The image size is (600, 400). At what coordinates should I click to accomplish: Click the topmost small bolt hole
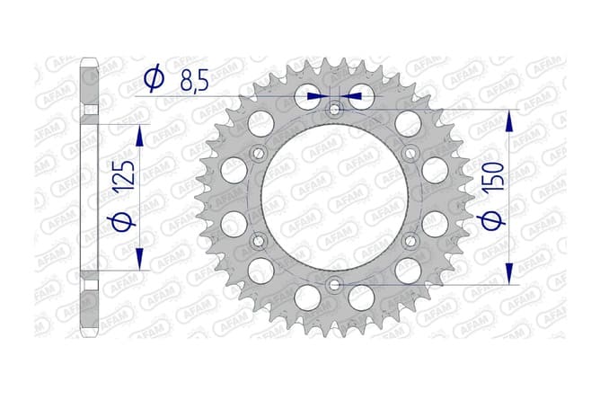tap(334, 110)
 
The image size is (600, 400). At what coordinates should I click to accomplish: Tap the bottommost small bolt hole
tap(334, 284)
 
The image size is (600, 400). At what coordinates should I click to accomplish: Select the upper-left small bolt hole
tap(259, 153)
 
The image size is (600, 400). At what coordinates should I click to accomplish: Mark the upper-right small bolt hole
tap(410, 153)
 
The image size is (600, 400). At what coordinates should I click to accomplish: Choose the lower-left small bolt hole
tap(259, 240)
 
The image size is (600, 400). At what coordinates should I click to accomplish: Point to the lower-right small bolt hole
tap(410, 240)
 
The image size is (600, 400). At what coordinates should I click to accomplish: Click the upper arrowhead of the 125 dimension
tap(140, 134)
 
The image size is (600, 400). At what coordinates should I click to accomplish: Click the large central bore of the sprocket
tap(334, 198)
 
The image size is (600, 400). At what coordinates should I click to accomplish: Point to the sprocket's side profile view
tap(88, 198)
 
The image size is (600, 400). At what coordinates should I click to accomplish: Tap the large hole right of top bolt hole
tap(360, 94)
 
